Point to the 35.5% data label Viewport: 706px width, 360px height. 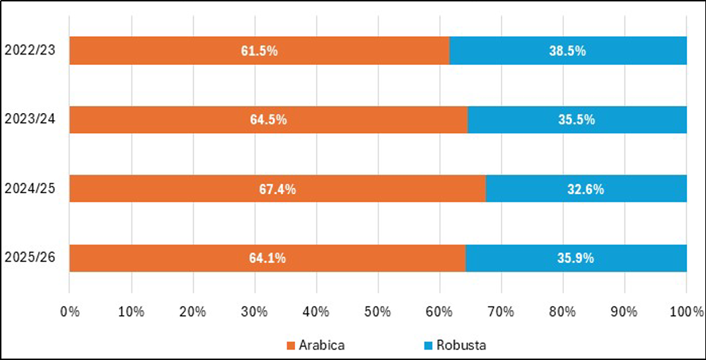(x=577, y=120)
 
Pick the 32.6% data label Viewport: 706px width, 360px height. (x=586, y=189)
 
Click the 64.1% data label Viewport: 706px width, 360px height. (x=267, y=258)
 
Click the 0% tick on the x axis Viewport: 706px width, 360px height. (x=69, y=311)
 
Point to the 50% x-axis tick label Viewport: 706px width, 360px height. (x=378, y=311)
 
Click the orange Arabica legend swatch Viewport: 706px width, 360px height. (x=290, y=346)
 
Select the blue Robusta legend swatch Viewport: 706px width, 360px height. (x=427, y=346)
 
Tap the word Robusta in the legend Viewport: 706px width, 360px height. (x=461, y=346)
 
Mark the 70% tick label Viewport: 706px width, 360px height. (x=502, y=311)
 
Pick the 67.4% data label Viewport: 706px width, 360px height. (x=277, y=189)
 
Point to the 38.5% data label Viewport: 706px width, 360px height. (x=567, y=51)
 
